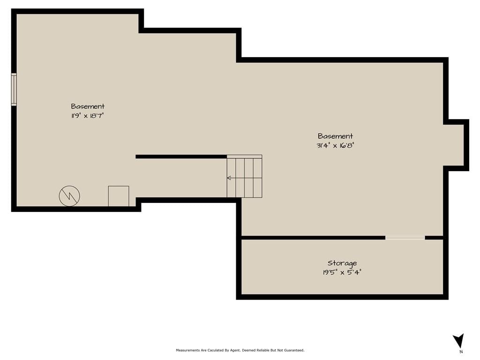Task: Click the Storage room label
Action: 342,263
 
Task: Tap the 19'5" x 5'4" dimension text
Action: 342,272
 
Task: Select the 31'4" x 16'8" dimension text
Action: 335,145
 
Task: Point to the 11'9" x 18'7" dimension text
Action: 88,116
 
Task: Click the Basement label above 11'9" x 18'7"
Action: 88,106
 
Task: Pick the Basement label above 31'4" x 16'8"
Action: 335,136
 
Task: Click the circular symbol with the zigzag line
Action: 69,196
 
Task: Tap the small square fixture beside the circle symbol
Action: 119,196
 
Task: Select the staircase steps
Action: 244,176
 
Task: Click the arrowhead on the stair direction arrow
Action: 228,178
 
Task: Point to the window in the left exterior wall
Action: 14,90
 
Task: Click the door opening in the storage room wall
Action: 405,238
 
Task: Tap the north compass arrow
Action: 458,340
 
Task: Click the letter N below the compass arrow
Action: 461,352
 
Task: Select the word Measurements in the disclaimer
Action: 187,350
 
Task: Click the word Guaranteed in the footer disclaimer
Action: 295,350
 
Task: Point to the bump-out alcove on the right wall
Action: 456,145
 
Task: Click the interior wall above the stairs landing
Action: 181,157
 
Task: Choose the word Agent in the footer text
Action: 235,350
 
